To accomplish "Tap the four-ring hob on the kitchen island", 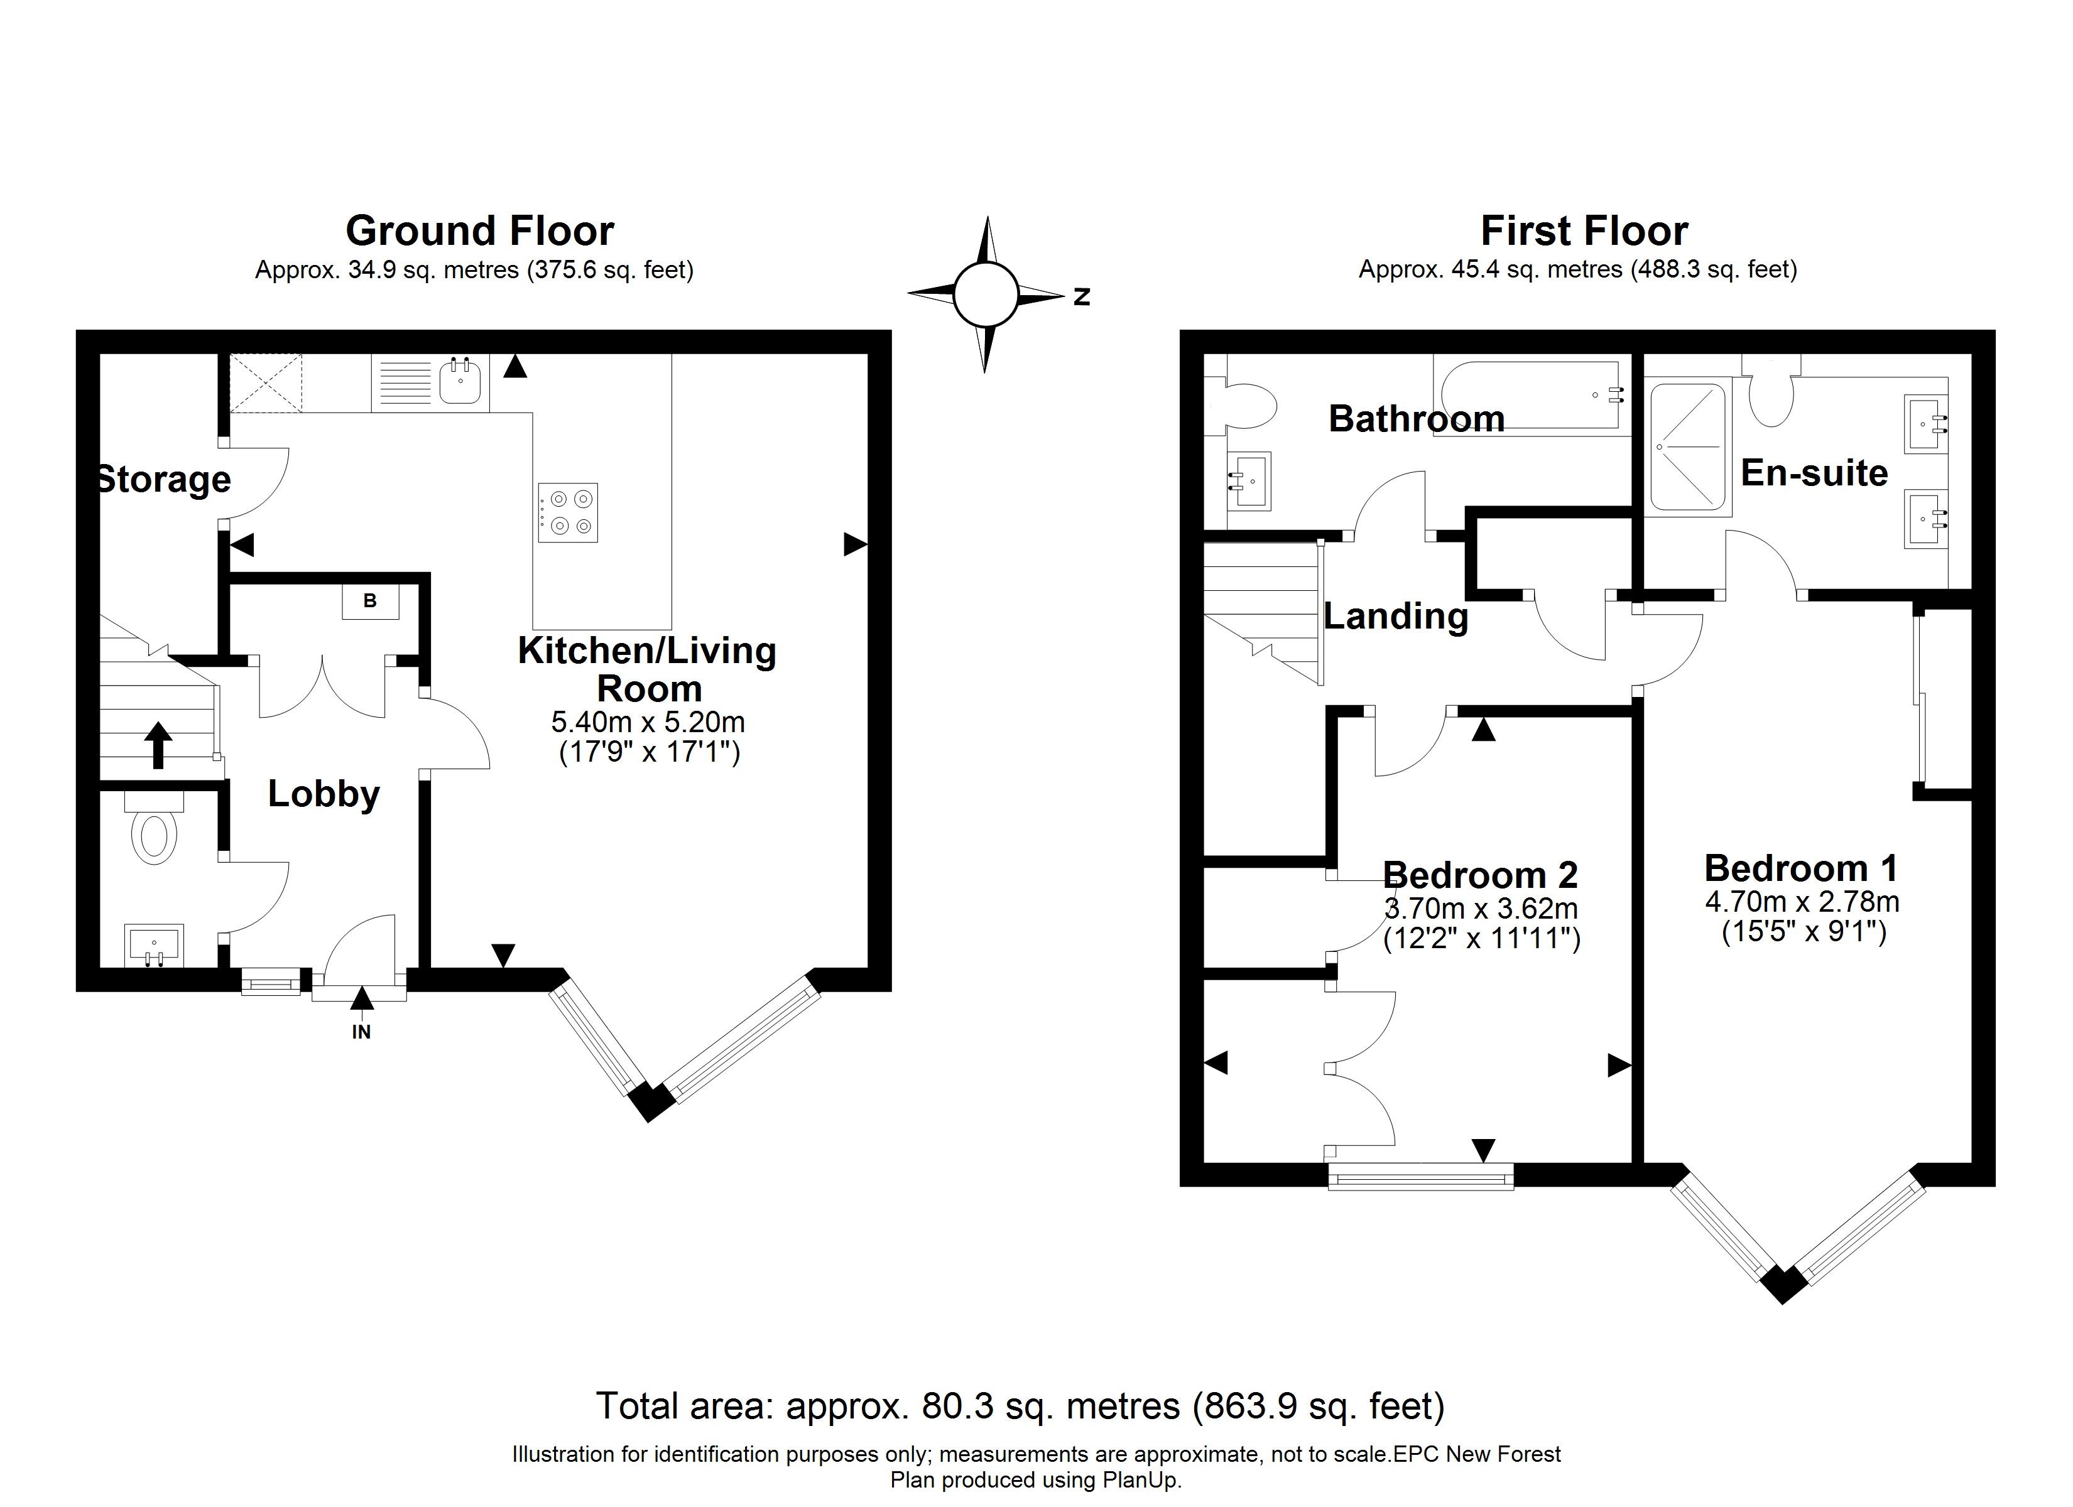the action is click(568, 512).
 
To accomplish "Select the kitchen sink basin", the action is click(460, 381).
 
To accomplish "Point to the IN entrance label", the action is click(362, 1032).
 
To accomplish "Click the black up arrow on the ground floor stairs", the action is click(158, 745).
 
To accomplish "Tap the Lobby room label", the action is click(324, 793).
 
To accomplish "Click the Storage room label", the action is click(163, 479).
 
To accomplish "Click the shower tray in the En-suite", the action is click(1688, 447).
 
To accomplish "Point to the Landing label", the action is click(1396, 617).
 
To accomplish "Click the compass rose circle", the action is click(986, 294).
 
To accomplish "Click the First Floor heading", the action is click(1584, 230).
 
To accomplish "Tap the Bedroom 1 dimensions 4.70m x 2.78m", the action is click(1802, 902).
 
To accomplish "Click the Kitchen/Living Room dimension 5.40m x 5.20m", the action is click(648, 722).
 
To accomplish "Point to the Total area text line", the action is click(1021, 1405).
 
